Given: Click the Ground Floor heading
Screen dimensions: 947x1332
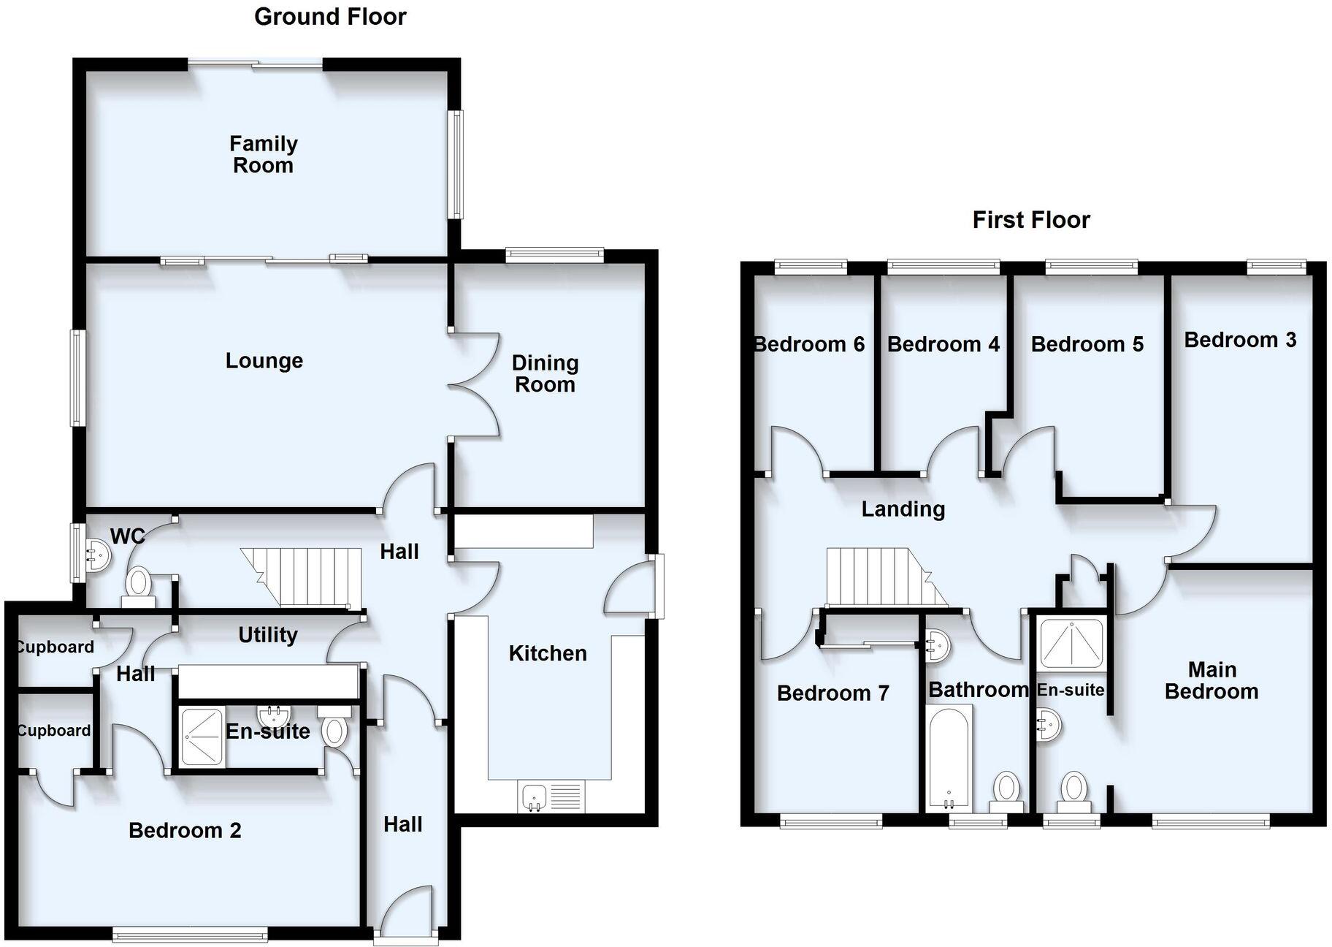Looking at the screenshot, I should pos(330,17).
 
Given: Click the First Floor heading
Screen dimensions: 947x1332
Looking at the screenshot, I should pos(1030,220).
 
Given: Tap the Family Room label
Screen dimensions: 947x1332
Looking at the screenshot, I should pos(263,154).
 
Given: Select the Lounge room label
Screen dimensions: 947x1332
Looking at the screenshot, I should pos(264,361).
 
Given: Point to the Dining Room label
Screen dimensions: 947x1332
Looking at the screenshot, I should pos(545,373).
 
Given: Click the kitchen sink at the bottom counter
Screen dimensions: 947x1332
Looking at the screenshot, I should pos(535,796).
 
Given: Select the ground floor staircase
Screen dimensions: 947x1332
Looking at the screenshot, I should pos(307,577).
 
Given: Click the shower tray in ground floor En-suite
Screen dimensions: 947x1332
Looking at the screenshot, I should pos(201,737).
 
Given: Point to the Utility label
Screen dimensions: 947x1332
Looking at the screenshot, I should pos(267,635).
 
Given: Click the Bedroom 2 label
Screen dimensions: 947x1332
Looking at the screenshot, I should pos(185,831).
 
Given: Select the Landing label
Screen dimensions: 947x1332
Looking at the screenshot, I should pos(903,509).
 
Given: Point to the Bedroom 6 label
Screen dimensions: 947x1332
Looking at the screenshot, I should pos(809,344).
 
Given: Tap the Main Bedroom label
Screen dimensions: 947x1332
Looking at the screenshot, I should pos(1212,680).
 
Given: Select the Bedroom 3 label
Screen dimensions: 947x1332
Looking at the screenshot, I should pos(1239,340).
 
